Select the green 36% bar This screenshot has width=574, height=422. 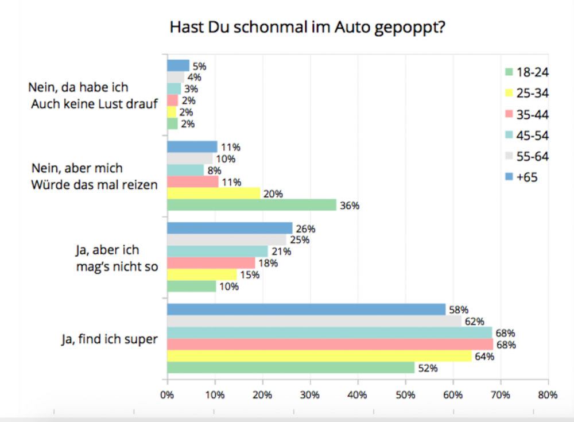[251, 205]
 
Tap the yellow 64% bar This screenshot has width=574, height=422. [319, 356]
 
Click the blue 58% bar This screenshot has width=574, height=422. [306, 309]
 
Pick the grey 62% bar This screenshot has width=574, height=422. [314, 321]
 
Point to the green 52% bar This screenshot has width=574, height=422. [290, 367]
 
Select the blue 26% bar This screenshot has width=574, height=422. [230, 228]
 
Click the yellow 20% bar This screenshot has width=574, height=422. [214, 193]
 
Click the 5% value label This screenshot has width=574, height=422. [199, 66]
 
